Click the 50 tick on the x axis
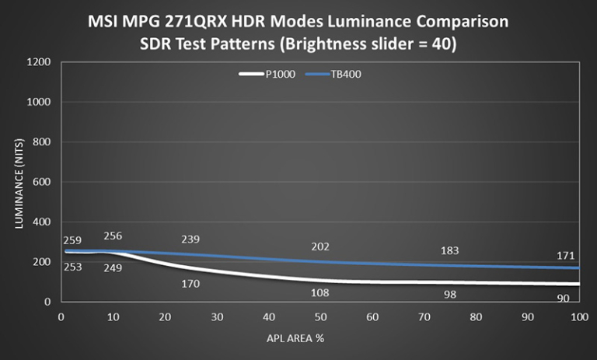pyautogui.click(x=320, y=316)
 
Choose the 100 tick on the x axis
pyautogui.click(x=578, y=316)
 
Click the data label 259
pyautogui.click(x=73, y=242)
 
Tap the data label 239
pyautogui.click(x=190, y=239)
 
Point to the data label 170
pyautogui.click(x=190, y=284)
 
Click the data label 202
pyautogui.click(x=320, y=246)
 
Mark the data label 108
pyautogui.click(x=320, y=292)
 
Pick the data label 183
pyautogui.click(x=449, y=250)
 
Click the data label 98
pyautogui.click(x=449, y=294)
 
